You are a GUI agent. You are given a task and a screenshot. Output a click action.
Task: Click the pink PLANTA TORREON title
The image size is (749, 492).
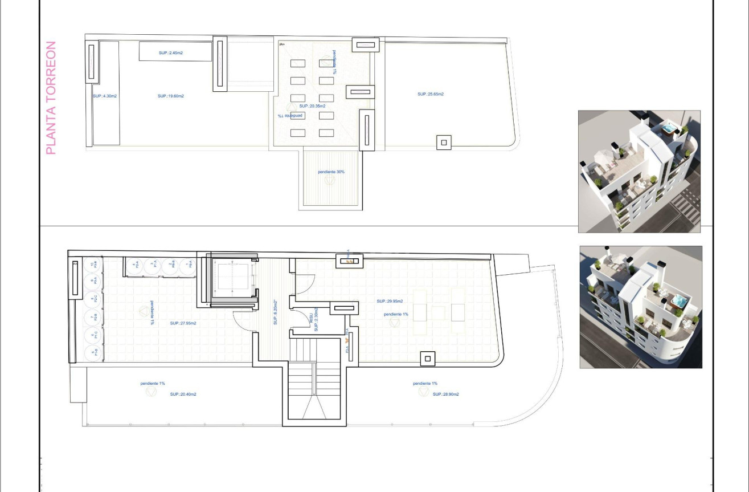[x=51, y=97]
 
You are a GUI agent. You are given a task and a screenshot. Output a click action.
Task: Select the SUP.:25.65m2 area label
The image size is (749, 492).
[x=430, y=94]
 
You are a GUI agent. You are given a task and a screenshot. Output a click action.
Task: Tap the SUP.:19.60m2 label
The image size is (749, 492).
[x=170, y=96]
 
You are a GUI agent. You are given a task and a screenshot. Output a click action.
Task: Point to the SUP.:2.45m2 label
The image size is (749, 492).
[x=170, y=53]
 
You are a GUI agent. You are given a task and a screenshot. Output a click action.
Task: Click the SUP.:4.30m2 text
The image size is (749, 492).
[x=104, y=96]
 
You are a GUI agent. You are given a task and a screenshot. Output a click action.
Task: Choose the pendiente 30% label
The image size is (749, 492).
[x=331, y=172]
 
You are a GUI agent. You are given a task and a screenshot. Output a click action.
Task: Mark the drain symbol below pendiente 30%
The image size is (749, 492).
[x=329, y=180]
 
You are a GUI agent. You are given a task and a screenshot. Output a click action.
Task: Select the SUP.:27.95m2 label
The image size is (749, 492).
[x=183, y=323]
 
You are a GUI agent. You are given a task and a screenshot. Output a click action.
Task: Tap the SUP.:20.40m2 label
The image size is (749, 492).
[x=183, y=394]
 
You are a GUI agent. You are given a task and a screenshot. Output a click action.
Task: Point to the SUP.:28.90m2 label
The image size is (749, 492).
[x=445, y=394]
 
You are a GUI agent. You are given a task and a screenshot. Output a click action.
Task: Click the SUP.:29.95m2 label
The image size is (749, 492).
[x=390, y=301]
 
